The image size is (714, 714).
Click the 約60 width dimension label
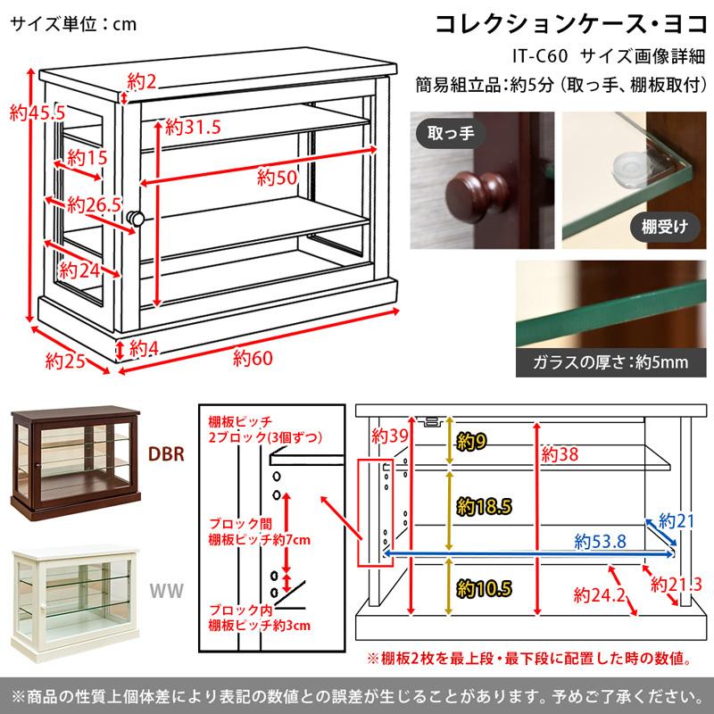(x=252, y=358)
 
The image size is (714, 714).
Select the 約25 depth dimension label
(x=64, y=361)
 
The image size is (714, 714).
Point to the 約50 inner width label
(x=275, y=178)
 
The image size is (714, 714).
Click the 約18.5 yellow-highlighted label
(x=483, y=506)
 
